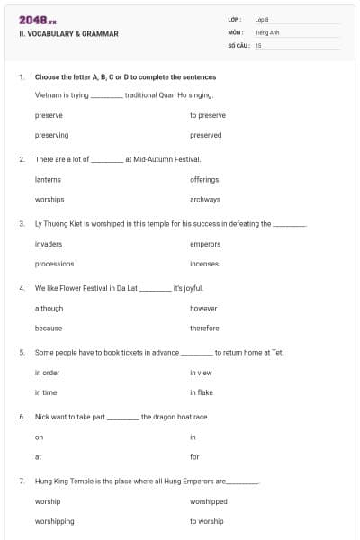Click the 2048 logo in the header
tap(37, 20)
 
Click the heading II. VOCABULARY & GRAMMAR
tap(68, 33)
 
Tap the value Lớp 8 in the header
tap(262, 19)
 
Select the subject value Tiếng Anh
tap(267, 31)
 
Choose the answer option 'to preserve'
tap(208, 115)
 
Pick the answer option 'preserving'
tap(51, 135)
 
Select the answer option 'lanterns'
tap(48, 179)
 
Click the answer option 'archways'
tap(205, 199)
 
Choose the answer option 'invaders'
tap(49, 244)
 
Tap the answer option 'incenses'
tap(204, 264)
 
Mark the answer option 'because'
tap(49, 328)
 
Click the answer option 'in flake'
tap(202, 391)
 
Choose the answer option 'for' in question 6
tap(193, 456)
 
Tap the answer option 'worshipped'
tap(209, 501)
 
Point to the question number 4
tap(21, 288)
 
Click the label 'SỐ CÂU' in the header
tap(238, 44)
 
